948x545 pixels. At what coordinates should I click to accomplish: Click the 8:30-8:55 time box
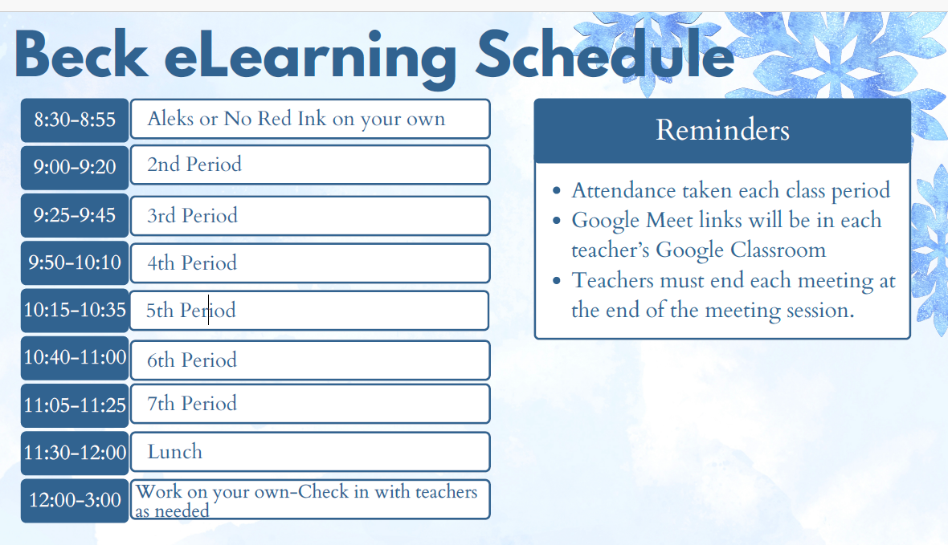[x=75, y=120]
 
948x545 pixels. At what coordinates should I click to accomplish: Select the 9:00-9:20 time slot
[x=75, y=167]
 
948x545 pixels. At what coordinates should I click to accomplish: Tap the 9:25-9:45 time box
[x=75, y=215]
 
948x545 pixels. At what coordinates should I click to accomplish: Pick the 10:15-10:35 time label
[x=75, y=310]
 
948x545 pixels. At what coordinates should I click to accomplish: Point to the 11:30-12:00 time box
[x=75, y=453]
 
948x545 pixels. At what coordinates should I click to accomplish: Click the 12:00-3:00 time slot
[x=75, y=500]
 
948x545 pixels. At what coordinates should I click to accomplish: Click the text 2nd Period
[x=194, y=165]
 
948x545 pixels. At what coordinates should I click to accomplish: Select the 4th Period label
[x=192, y=263]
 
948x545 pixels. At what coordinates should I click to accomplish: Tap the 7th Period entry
[x=192, y=403]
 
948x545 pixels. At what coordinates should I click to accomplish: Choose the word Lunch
[x=174, y=452]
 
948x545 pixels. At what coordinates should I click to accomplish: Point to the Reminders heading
[x=722, y=130]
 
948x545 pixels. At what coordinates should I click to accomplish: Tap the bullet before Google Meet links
[x=557, y=222]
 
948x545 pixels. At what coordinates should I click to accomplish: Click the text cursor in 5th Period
[x=209, y=311]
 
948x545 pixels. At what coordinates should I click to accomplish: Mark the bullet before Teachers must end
[x=557, y=282]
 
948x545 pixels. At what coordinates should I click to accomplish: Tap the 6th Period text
[x=192, y=360]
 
